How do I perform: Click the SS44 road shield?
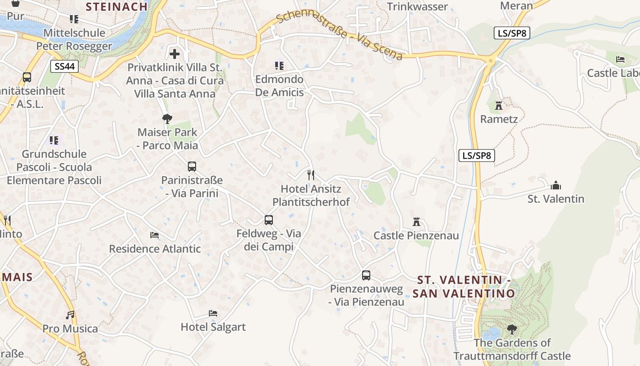click(64, 66)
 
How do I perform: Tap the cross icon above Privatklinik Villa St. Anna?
click(175, 54)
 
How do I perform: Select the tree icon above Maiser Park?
click(167, 119)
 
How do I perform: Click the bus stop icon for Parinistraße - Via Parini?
click(192, 167)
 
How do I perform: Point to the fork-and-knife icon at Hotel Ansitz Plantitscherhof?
click(311, 175)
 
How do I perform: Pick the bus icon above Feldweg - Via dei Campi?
click(269, 220)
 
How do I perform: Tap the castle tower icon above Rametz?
click(499, 106)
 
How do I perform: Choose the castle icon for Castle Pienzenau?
click(416, 222)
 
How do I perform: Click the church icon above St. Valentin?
click(556, 185)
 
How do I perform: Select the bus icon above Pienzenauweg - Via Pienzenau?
click(366, 275)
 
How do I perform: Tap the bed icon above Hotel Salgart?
click(213, 313)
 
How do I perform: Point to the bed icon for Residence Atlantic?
click(155, 235)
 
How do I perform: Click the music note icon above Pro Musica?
click(70, 315)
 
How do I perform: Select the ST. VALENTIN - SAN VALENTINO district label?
click(464, 286)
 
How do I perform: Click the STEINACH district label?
click(117, 6)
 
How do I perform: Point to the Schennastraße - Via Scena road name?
click(339, 36)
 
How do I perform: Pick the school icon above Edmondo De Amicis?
click(279, 66)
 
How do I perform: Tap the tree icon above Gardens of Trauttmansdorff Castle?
click(512, 329)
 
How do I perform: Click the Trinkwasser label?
click(417, 6)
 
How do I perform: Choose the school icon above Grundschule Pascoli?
click(54, 140)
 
